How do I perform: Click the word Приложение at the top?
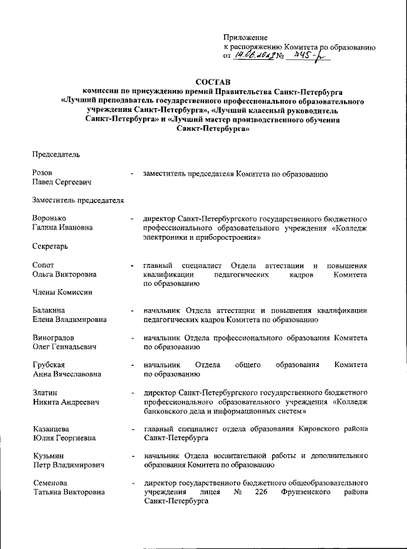(245, 38)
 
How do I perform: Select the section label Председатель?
(56, 153)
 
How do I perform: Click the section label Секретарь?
(50, 246)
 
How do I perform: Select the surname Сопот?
(43, 264)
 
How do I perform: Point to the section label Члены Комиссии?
(62, 292)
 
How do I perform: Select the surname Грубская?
(48, 366)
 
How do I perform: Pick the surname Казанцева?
(50, 429)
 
